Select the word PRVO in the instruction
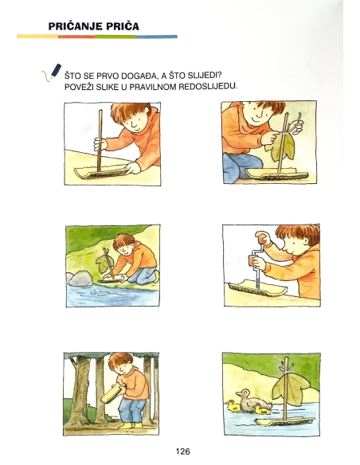coord(106,75)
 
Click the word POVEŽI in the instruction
coord(80,85)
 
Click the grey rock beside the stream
coord(80,279)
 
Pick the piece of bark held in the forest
coord(109,392)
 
